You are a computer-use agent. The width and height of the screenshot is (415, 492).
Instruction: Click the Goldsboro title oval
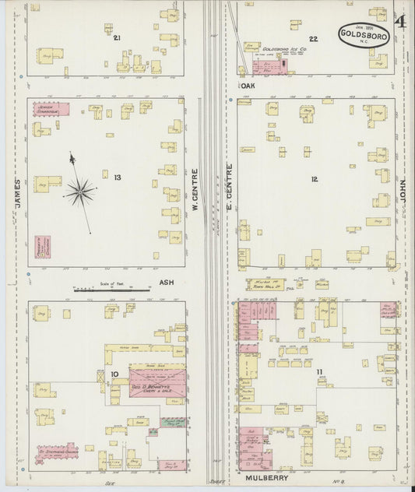click(x=364, y=34)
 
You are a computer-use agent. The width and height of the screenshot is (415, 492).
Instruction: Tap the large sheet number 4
click(x=399, y=21)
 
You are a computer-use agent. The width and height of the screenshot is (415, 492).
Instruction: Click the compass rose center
click(x=79, y=188)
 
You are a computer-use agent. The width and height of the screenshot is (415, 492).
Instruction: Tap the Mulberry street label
click(x=266, y=476)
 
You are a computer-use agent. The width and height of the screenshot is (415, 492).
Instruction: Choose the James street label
click(x=16, y=194)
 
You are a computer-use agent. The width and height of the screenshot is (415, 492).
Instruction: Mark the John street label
click(x=403, y=191)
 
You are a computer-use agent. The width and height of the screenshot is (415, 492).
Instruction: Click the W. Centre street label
click(x=195, y=191)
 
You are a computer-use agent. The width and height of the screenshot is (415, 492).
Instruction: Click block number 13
click(x=117, y=177)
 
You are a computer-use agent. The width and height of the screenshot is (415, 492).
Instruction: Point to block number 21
click(x=117, y=37)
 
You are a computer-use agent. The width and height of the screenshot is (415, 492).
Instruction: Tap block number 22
click(x=313, y=38)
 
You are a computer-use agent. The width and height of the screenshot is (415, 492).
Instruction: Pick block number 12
click(x=314, y=179)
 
